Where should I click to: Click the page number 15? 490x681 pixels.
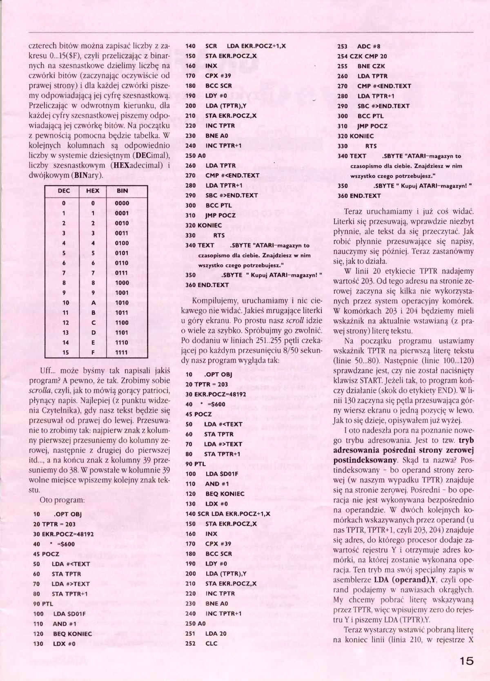(466, 660)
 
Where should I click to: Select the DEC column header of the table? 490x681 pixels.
(64, 191)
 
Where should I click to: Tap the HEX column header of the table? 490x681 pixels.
(93, 191)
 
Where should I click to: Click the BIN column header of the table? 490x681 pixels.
(122, 191)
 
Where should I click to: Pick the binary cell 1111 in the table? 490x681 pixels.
(122, 352)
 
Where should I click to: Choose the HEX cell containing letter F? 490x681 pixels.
(93, 352)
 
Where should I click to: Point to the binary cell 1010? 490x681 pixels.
(122, 303)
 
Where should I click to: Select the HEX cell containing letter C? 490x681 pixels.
(93, 323)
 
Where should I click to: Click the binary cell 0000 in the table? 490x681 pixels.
(122, 203)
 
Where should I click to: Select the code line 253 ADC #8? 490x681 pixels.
(359, 46)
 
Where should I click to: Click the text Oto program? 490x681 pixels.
(62, 500)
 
